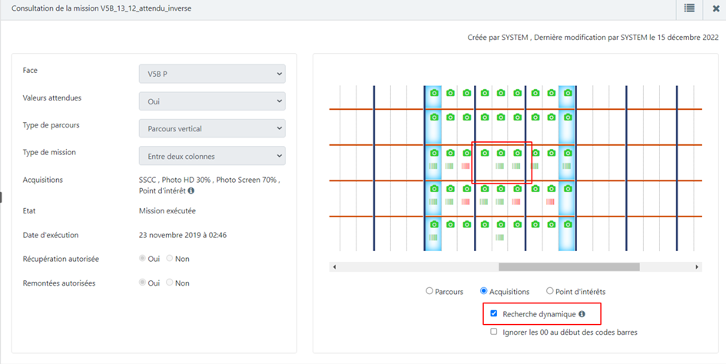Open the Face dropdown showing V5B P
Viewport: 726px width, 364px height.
212,74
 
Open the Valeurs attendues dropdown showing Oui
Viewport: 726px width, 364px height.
212,101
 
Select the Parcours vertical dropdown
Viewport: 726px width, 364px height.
212,129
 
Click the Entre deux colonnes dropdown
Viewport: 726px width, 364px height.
212,156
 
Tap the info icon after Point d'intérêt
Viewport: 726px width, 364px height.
191,190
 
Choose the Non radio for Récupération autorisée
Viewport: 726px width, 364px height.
170,259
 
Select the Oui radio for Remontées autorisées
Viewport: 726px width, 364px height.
142,283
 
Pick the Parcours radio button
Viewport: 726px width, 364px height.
429,291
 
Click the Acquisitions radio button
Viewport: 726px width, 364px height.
484,291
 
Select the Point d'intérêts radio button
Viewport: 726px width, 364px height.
550,291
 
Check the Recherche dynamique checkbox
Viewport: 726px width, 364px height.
494,313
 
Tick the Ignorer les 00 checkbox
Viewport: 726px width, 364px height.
494,332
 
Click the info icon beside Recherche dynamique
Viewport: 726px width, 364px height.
582,314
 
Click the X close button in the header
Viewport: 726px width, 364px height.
715,8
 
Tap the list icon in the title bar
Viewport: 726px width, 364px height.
689,8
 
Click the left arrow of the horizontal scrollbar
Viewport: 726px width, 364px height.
334,267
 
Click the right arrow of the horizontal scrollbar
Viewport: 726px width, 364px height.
696,267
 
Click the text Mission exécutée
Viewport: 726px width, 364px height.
167,210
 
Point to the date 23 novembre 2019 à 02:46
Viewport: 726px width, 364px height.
182,235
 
